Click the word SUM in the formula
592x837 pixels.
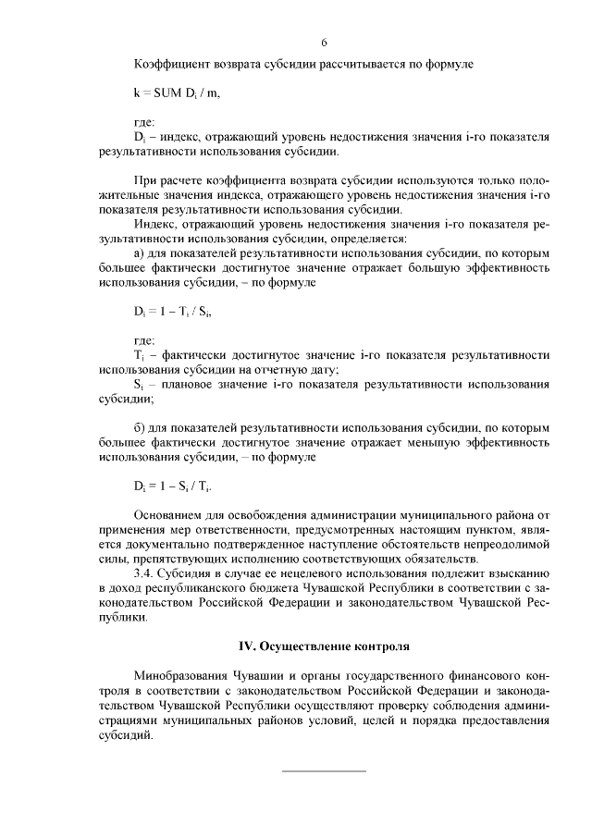167,92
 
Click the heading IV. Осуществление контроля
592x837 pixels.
320,644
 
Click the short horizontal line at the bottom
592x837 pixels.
324,770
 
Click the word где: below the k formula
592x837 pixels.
144,122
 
